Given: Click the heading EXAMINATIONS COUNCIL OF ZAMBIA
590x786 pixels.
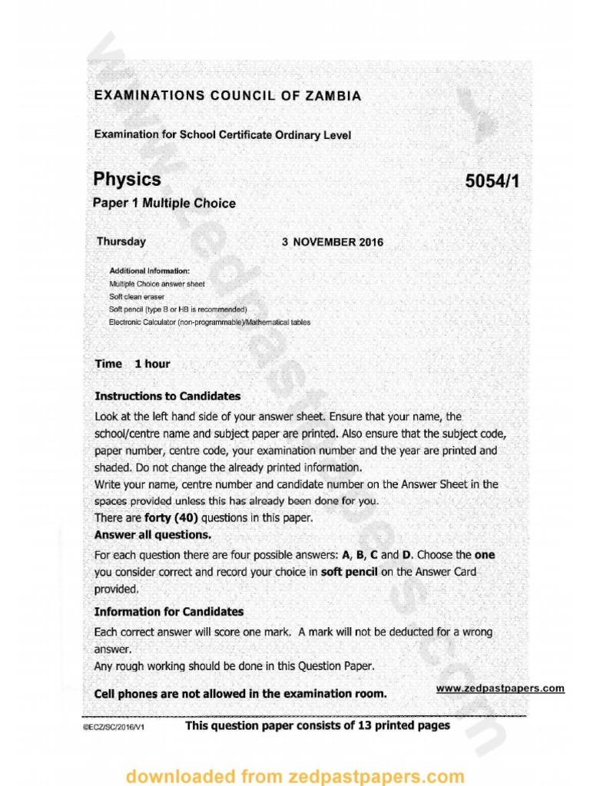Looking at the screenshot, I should click(227, 96).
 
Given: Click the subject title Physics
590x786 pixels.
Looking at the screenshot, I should click(127, 180).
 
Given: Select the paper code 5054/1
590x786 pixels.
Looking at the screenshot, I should click(497, 181).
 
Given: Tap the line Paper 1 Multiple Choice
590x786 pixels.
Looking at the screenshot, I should click(164, 203).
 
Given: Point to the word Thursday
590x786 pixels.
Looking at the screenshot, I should click(121, 242).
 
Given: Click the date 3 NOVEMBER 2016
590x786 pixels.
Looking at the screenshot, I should click(332, 243).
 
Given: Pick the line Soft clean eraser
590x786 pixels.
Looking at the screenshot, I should click(137, 296).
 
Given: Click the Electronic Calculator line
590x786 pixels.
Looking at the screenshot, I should click(210, 322).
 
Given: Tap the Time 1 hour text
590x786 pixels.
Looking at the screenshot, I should click(132, 364).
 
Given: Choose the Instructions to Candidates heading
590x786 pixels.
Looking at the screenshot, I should click(167, 397).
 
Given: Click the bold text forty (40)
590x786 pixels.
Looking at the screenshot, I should click(166, 518).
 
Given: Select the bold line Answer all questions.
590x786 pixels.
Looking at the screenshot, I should click(152, 534).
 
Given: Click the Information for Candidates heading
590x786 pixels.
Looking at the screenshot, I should click(168, 612).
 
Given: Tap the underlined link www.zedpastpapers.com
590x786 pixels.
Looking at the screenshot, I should click(499, 689).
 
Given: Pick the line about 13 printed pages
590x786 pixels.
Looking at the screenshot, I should click(317, 725).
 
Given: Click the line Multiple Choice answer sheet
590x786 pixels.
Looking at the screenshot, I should click(157, 284).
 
